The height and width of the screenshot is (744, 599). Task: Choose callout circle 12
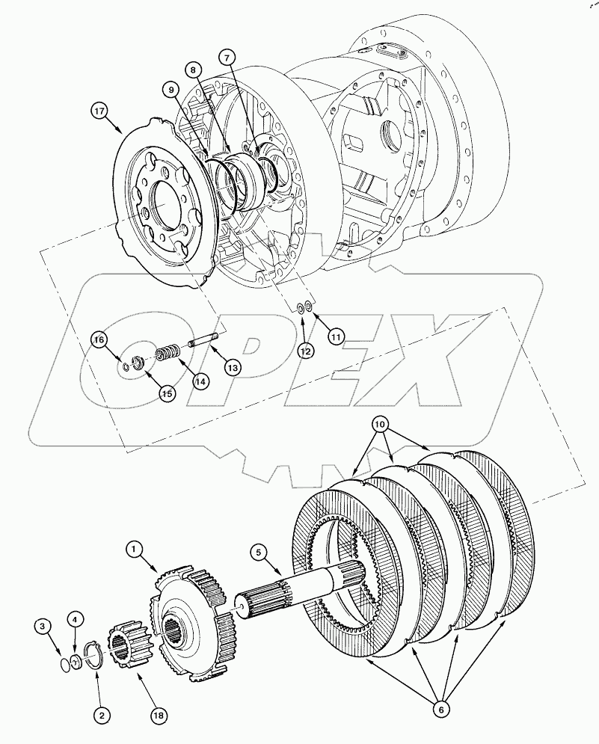[303, 350]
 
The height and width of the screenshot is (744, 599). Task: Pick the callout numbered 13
[233, 368]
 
